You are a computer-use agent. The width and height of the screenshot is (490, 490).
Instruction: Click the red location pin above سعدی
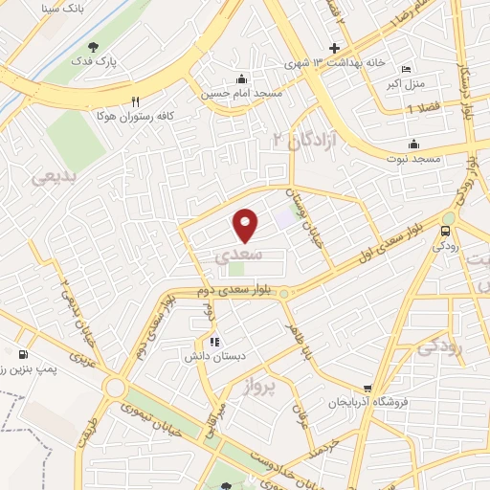[246, 225]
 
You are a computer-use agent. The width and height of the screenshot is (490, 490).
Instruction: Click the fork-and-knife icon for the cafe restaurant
[136, 100]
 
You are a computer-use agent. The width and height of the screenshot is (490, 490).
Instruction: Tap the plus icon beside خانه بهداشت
[334, 48]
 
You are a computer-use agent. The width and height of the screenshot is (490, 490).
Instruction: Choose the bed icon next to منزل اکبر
[405, 70]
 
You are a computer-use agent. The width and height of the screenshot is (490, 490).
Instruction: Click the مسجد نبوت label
[412, 158]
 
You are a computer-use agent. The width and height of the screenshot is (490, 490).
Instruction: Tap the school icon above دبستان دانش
[214, 341]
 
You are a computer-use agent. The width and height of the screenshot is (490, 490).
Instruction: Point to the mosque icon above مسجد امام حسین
[239, 79]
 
